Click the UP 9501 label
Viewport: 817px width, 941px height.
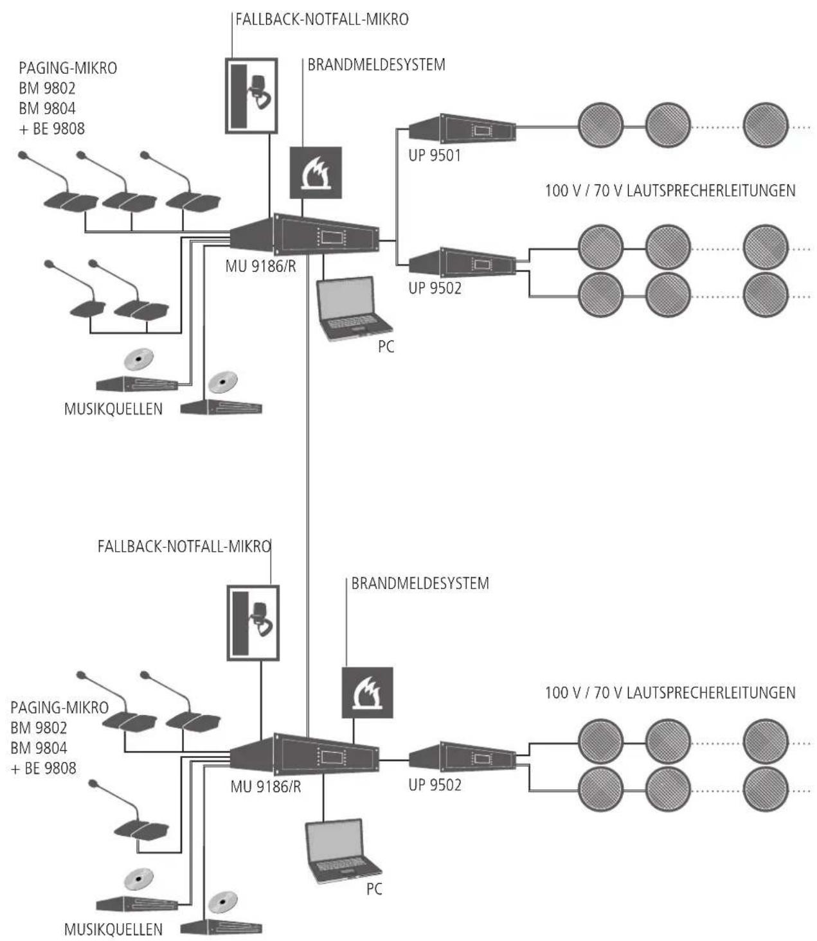coord(434,155)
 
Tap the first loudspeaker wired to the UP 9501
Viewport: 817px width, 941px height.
coord(600,125)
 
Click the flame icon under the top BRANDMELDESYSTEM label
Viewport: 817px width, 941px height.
coord(315,173)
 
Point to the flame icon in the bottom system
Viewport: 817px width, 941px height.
coord(367,692)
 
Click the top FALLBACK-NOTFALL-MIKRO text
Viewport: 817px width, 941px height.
coord(322,19)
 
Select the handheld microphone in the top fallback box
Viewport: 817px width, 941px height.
coord(260,91)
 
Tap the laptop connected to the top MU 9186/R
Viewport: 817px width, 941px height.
coord(354,308)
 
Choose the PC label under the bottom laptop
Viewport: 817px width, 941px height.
coord(374,889)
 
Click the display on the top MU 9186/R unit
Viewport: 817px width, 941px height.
coord(332,237)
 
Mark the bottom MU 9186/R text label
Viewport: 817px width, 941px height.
coord(265,786)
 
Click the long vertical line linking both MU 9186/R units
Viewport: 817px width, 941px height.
coord(308,495)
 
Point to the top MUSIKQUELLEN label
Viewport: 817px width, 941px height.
coord(113,409)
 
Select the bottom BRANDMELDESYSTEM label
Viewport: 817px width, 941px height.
coord(420,583)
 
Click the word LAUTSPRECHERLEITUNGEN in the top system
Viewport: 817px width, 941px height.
coord(711,190)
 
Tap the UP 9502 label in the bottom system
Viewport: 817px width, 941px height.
coord(435,785)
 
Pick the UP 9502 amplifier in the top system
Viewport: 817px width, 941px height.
coord(462,262)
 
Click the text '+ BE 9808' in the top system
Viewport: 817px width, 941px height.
coord(51,128)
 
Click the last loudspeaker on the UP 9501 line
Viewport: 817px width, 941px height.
coord(765,125)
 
